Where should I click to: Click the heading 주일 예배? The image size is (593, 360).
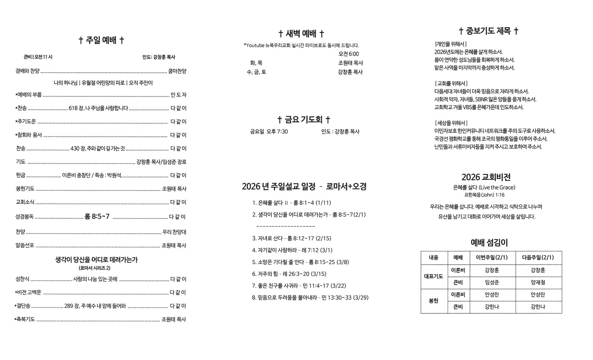[x=101, y=40]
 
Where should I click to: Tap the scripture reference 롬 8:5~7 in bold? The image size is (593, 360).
[x=97, y=217]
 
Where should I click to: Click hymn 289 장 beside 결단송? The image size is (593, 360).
[x=72, y=306]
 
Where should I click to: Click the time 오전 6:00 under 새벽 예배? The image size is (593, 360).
[x=348, y=54]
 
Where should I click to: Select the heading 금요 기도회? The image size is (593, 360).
[x=304, y=120]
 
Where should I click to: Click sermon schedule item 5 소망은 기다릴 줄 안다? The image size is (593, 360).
[x=282, y=262]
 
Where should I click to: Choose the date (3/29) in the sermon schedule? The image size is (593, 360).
[x=361, y=298]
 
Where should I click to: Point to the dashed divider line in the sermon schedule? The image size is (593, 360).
[x=285, y=226]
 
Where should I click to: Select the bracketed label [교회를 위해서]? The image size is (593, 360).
[x=451, y=83]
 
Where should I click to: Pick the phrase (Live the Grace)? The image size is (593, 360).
[x=497, y=188]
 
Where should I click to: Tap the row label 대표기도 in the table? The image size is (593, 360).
[x=433, y=276]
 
